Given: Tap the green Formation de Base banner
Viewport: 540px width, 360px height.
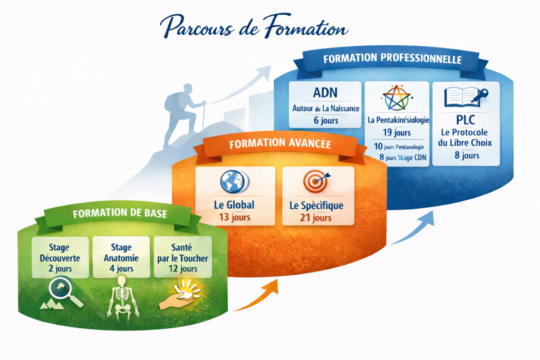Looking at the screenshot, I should (x=120, y=213).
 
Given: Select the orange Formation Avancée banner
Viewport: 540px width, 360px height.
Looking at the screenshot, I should (x=280, y=143).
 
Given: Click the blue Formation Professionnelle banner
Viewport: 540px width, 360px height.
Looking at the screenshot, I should (x=392, y=59).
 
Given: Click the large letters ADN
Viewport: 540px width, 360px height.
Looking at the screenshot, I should (x=325, y=93).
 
